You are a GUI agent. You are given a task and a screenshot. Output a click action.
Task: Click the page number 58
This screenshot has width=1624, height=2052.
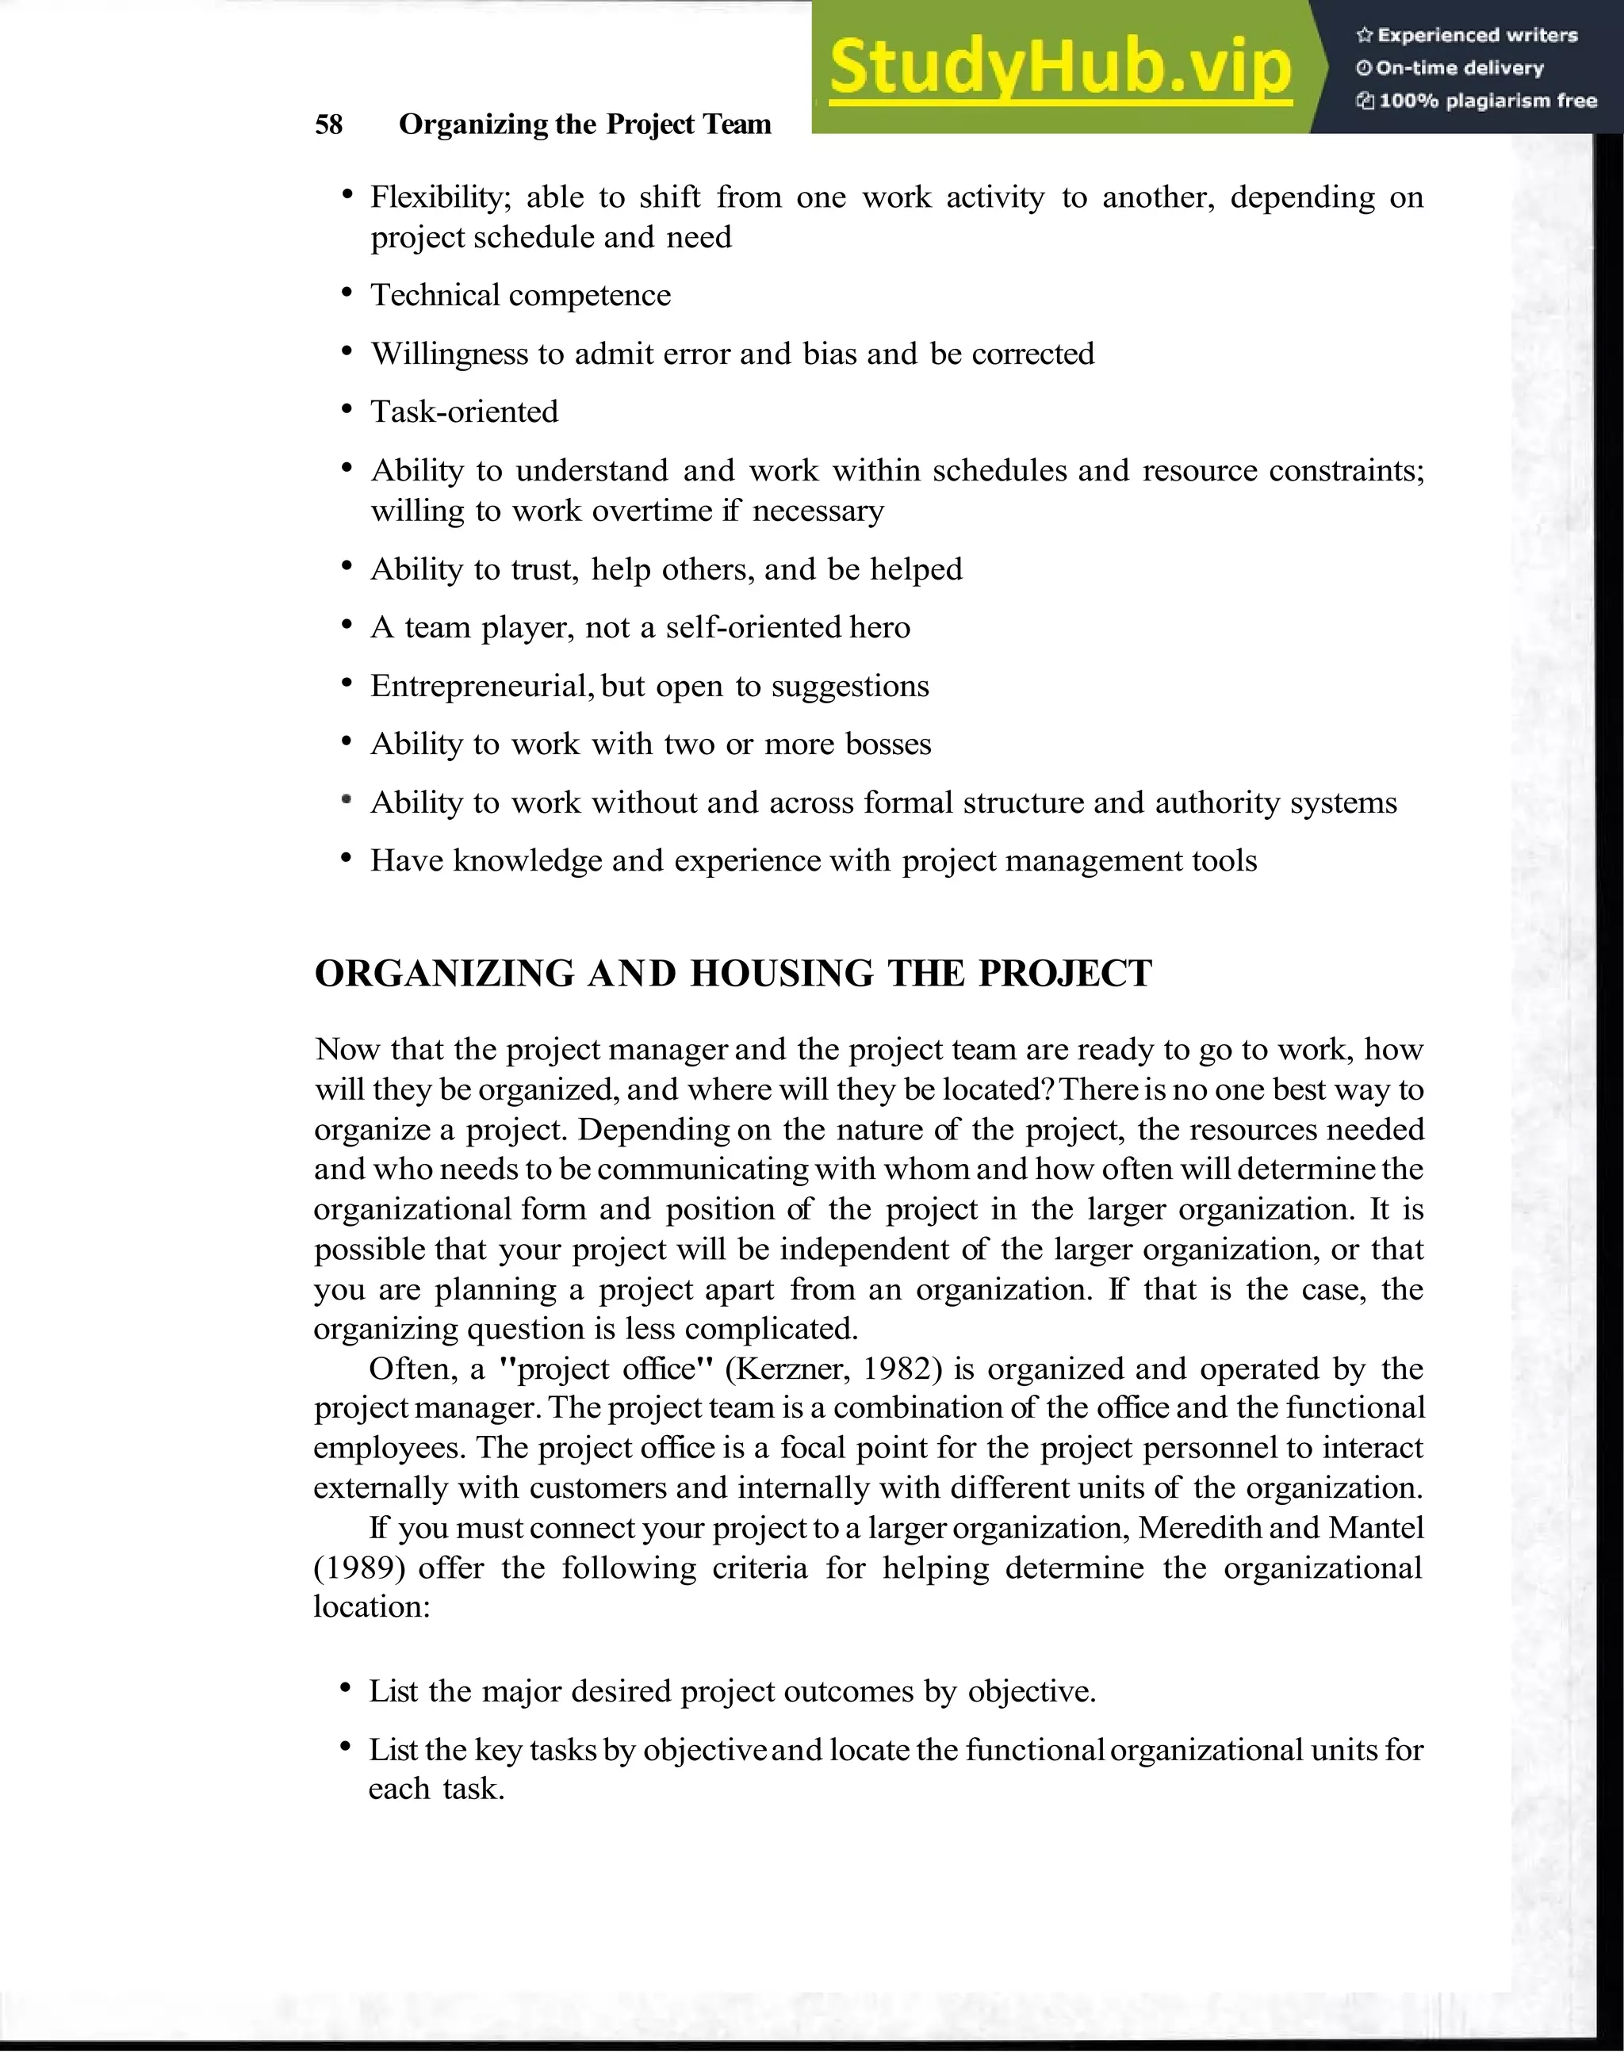click(x=328, y=124)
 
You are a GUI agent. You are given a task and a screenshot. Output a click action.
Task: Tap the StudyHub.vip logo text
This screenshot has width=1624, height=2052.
click(x=1059, y=67)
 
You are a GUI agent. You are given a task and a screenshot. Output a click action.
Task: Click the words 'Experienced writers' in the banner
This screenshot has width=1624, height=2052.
click(x=1477, y=35)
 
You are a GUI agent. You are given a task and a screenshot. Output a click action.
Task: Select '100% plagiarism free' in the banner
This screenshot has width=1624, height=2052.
click(x=1487, y=101)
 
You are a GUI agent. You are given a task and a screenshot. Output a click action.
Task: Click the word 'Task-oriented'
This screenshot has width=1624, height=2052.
click(x=464, y=412)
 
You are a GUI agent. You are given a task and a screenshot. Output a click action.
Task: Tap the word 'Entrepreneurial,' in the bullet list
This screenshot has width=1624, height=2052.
click(x=482, y=686)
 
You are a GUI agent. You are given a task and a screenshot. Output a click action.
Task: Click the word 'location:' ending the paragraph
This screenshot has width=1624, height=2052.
click(x=372, y=1607)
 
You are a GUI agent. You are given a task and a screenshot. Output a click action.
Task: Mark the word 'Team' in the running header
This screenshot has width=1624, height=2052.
click(x=737, y=124)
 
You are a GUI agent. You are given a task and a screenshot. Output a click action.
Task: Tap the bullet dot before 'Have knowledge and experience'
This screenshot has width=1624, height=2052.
click(x=347, y=859)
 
